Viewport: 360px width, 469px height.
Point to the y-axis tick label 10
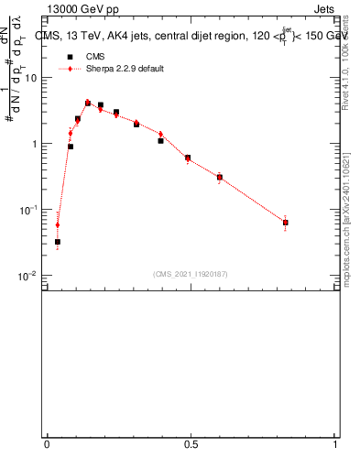click(x=33, y=78)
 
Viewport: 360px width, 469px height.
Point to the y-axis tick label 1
click(x=36, y=144)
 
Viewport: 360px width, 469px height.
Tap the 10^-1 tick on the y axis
click(x=29, y=210)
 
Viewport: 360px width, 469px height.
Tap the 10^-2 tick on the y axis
click(x=29, y=276)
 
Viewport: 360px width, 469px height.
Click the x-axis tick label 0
click(x=47, y=444)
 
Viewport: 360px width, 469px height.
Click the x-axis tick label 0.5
click(x=191, y=444)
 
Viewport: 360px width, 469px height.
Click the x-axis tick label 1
click(x=335, y=444)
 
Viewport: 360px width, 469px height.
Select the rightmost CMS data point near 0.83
click(x=286, y=223)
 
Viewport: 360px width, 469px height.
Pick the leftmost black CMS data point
click(x=58, y=242)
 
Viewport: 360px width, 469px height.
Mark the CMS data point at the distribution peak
click(x=88, y=104)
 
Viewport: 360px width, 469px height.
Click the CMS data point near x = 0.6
click(x=220, y=178)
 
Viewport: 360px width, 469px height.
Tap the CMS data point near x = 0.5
click(x=188, y=158)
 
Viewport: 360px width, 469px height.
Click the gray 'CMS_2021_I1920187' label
click(x=190, y=274)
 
